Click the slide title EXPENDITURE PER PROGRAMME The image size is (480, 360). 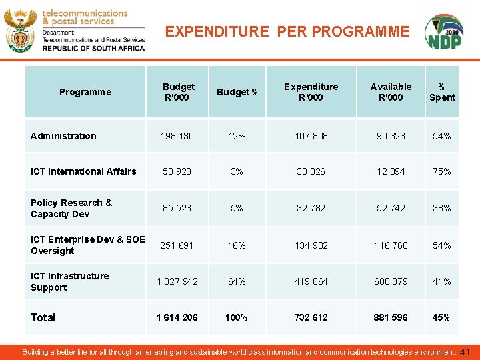coord(287,31)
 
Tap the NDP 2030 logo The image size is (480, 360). coord(443,33)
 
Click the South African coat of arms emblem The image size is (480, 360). coord(20,31)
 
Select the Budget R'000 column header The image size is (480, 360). coord(179,92)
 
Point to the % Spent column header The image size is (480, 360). coord(442,92)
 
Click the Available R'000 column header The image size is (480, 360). coord(391,92)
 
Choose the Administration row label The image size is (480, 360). coord(63,136)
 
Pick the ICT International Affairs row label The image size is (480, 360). coord(83,171)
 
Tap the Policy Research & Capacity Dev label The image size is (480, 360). coord(71,208)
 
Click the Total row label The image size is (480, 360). coord(43,317)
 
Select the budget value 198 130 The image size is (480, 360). coord(177,136)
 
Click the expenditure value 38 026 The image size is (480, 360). coord(311,171)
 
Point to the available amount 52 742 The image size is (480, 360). coord(391,208)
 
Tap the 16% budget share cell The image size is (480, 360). coord(237,245)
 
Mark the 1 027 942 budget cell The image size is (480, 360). coord(177,281)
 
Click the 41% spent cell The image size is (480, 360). coord(441,281)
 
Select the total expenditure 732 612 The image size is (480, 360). coord(311,317)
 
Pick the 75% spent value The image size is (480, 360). coord(441,171)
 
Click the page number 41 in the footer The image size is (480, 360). coord(465,351)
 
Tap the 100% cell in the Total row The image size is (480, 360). coord(237,317)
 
